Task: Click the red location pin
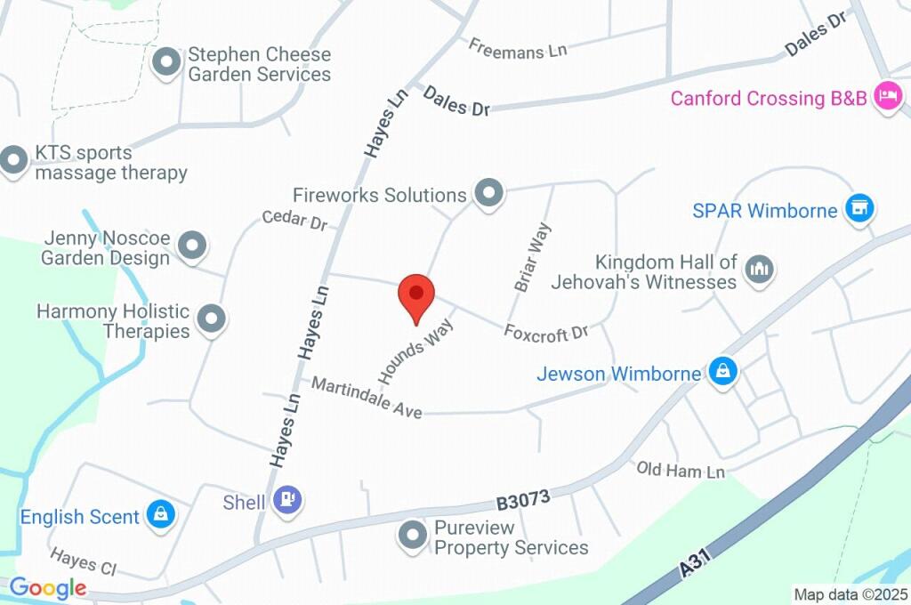[x=415, y=297]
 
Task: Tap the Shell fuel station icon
[x=287, y=500]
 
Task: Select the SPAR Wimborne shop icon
[x=859, y=210]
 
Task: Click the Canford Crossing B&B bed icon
[x=887, y=96]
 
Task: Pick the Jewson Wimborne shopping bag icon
[x=722, y=373]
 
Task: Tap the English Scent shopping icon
[x=161, y=514]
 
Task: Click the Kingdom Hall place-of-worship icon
[x=759, y=269]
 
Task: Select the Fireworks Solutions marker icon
[x=488, y=192]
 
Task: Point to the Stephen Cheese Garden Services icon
[x=166, y=63]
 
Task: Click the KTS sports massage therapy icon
[x=12, y=161]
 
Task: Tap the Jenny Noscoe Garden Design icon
[x=191, y=245]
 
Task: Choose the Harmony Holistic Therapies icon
[x=211, y=319]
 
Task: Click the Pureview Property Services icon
[x=413, y=536]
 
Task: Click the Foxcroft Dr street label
[x=546, y=332]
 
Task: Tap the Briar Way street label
[x=533, y=257]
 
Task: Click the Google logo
[x=48, y=587]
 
